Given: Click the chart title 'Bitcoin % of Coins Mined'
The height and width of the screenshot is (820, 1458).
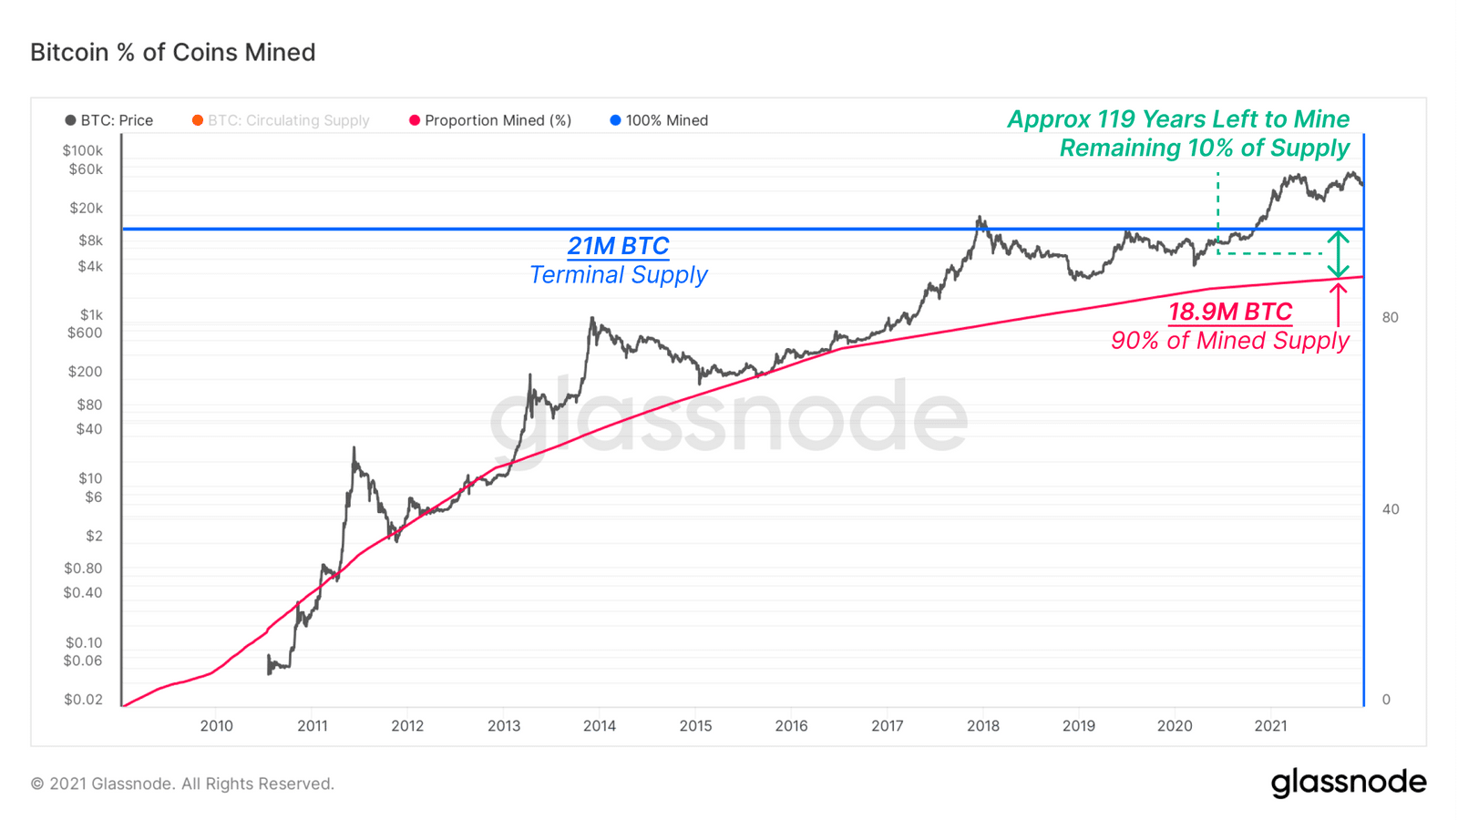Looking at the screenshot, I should click(172, 52).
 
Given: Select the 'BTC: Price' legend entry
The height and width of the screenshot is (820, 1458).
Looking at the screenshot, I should click(109, 120).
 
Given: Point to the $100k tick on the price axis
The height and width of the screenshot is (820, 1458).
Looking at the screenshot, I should click(83, 150).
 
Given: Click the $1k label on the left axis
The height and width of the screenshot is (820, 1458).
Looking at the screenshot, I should click(91, 314).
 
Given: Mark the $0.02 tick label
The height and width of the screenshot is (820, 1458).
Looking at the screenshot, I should click(83, 700).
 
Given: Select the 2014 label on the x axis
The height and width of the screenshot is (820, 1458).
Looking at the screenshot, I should click(600, 726).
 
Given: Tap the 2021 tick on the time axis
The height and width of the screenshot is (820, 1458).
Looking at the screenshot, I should click(1270, 726).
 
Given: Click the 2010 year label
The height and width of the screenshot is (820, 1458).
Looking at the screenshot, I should click(216, 726).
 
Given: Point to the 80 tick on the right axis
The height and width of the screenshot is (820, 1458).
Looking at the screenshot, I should click(1390, 317).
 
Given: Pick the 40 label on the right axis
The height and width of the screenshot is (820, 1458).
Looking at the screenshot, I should click(1390, 509).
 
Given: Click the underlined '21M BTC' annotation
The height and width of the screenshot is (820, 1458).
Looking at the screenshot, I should click(618, 246).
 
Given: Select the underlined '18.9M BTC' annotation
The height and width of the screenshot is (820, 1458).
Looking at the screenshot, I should click(1230, 312).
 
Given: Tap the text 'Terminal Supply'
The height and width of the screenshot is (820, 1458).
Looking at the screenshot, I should click(618, 274).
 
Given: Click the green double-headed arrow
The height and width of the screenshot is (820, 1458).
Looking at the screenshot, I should click(1338, 254).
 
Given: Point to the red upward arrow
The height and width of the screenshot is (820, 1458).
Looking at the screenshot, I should click(1338, 305).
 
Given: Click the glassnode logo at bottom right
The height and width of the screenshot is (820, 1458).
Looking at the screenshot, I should click(1349, 783).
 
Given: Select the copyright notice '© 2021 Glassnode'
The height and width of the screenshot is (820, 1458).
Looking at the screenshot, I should click(182, 784).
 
